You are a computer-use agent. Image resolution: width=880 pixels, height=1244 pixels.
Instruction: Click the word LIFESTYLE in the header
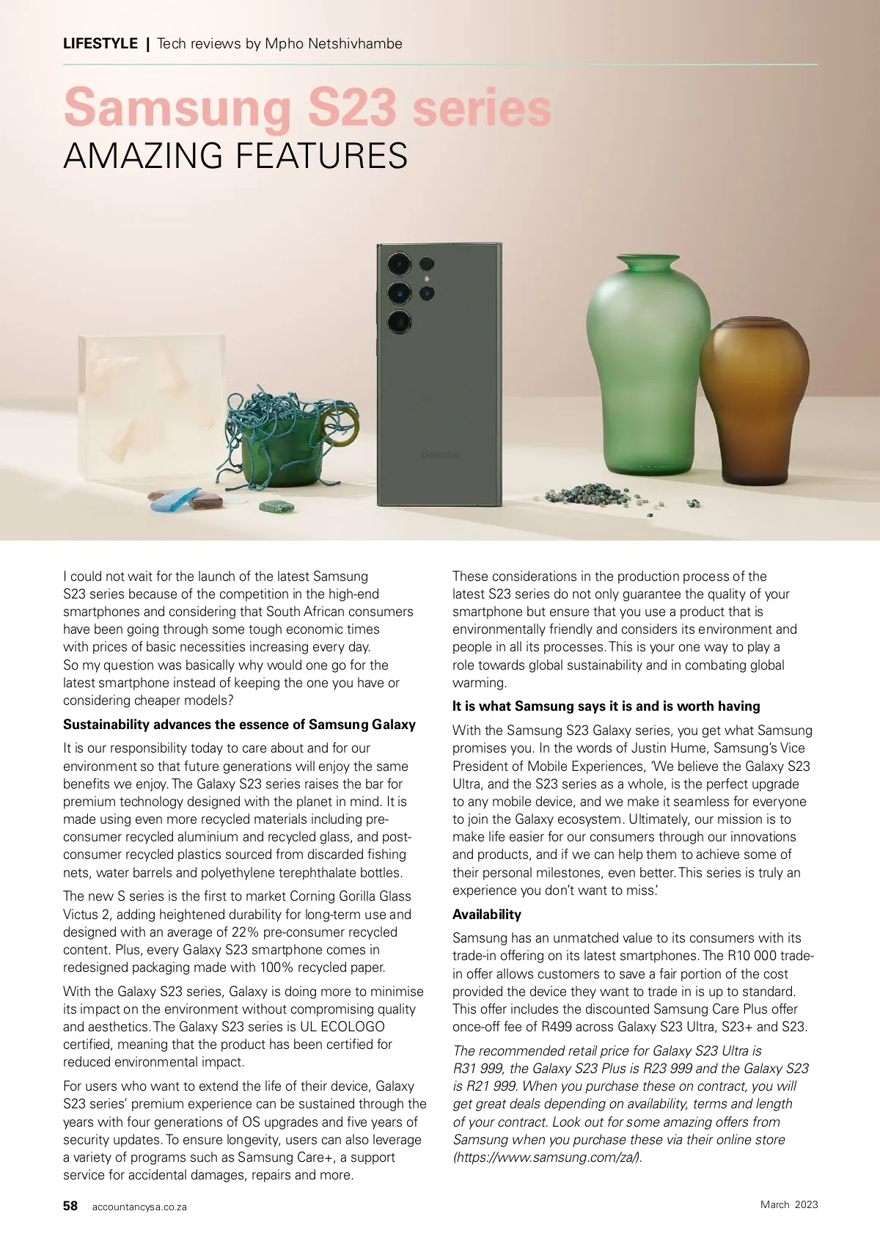100,44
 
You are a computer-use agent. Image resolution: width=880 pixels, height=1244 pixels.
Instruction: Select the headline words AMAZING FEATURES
235,156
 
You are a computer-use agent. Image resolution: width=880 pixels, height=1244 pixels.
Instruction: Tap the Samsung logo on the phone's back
439,455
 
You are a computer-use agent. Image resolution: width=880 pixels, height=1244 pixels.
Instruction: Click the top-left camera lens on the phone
400,264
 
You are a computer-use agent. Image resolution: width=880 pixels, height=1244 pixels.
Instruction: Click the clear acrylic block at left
150,411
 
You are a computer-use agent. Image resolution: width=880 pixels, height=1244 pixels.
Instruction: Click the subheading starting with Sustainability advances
239,725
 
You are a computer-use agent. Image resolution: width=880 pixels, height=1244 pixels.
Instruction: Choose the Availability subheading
487,915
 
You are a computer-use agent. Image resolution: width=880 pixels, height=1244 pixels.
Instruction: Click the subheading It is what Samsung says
606,706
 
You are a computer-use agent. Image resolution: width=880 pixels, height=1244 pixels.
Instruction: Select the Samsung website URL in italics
547,1157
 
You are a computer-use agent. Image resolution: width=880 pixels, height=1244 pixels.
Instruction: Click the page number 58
70,1206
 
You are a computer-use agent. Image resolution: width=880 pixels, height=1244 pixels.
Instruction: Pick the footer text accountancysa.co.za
139,1207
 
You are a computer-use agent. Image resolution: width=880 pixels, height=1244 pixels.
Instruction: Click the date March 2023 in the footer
789,1204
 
